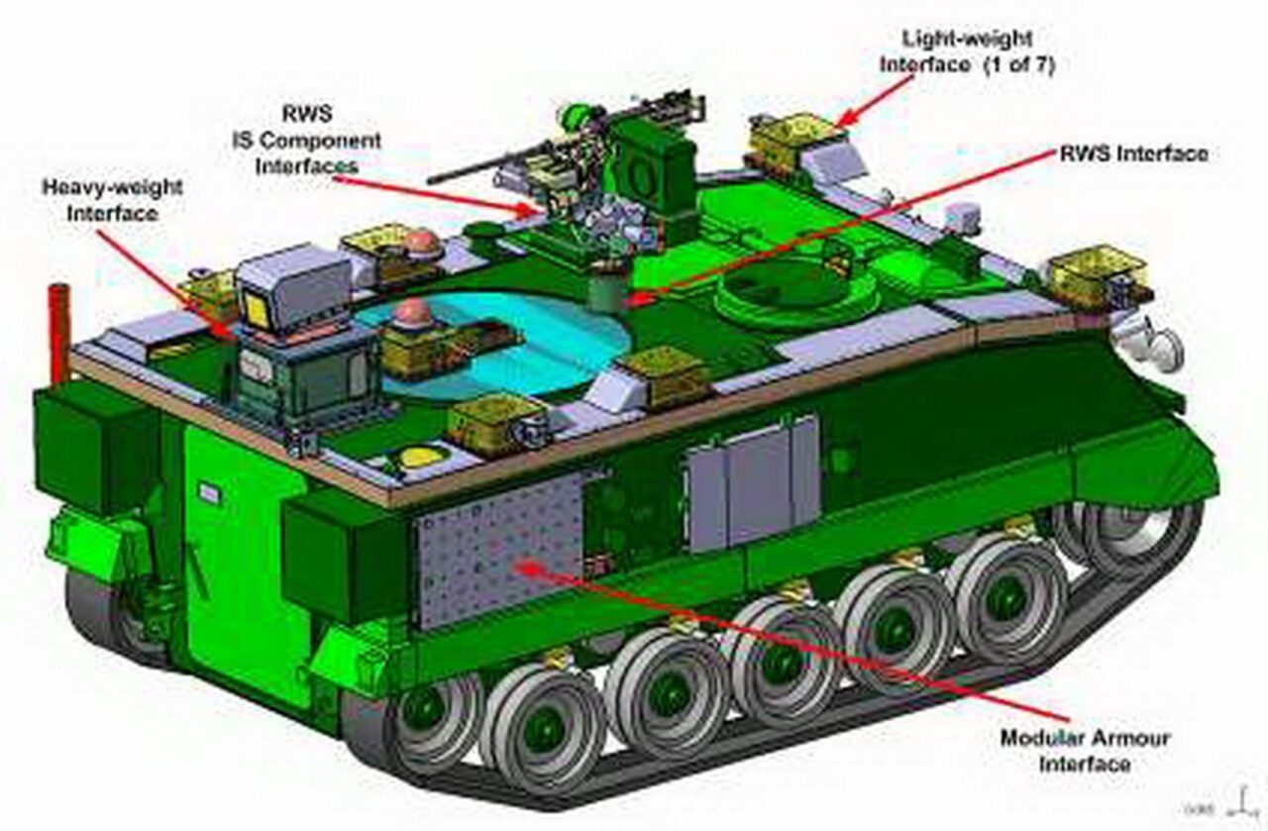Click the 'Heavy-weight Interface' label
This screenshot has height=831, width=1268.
point(98,199)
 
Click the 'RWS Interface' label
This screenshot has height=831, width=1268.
point(1133,154)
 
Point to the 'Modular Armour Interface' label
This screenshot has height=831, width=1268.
point(1084,751)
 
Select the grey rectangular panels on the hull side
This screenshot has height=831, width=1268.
point(753,485)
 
